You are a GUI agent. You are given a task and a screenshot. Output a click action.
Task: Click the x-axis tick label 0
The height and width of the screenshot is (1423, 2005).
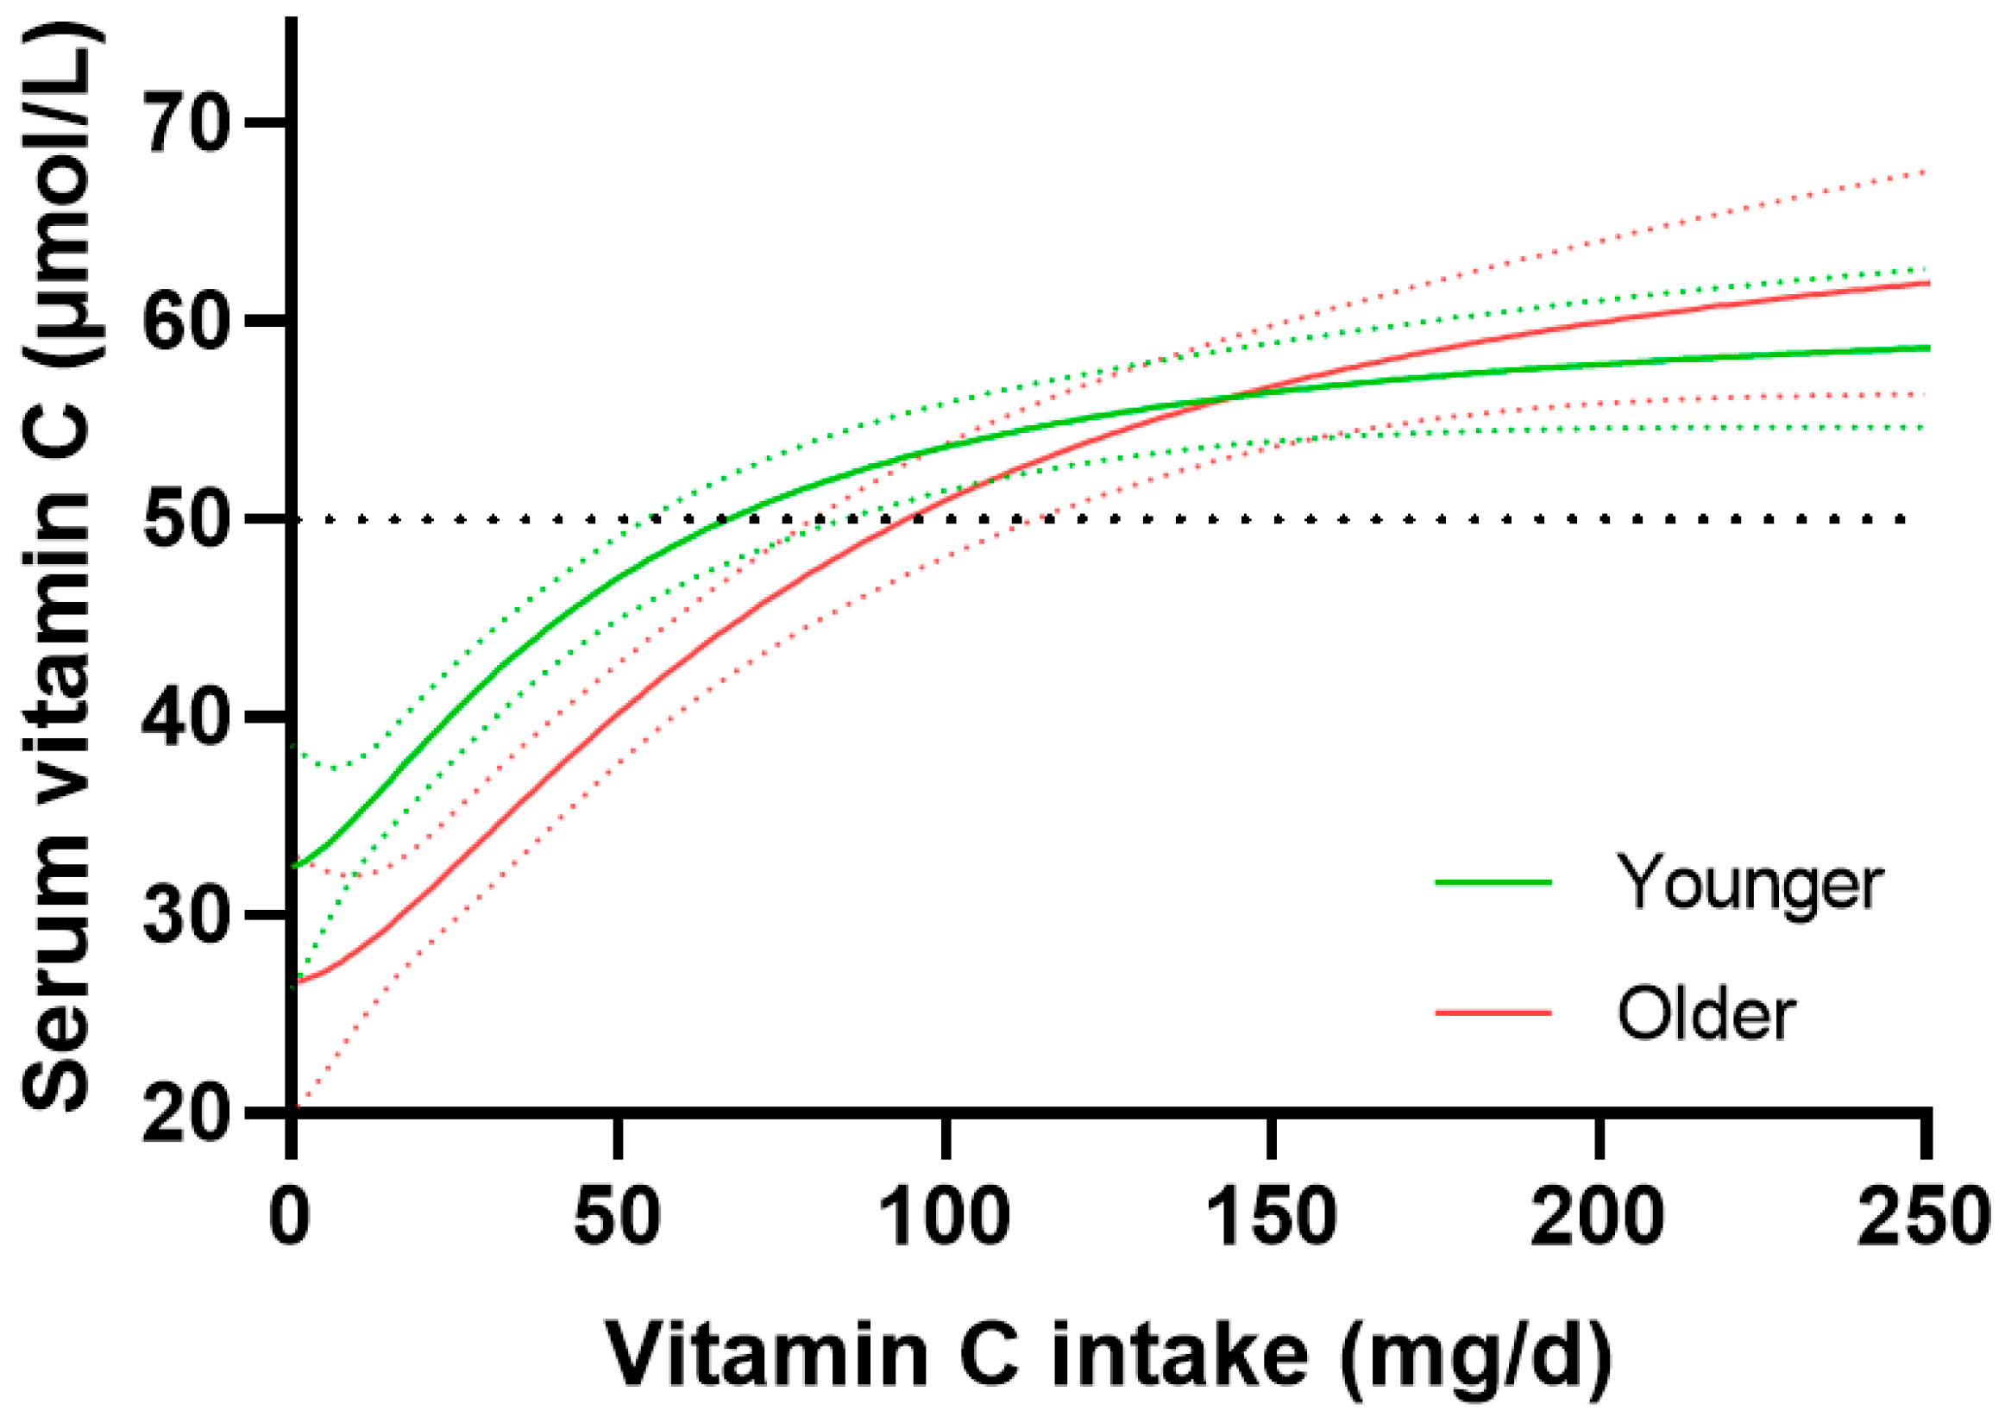291,1218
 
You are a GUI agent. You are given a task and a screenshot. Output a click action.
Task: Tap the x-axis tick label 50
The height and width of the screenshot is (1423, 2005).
618,1218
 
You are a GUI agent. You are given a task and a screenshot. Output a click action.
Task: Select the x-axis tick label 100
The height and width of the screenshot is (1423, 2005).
945,1218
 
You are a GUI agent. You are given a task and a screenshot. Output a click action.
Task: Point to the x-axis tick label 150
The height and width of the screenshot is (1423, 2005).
1272,1218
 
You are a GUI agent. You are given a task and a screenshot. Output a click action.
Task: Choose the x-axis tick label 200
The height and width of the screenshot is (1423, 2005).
1599,1218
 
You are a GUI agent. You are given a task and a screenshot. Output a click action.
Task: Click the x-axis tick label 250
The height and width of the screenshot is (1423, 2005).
1925,1218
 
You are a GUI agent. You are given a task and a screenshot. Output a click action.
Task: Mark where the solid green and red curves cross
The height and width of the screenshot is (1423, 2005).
1231,397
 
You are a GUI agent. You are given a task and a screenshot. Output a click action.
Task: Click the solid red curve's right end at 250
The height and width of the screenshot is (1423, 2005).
1926,283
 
